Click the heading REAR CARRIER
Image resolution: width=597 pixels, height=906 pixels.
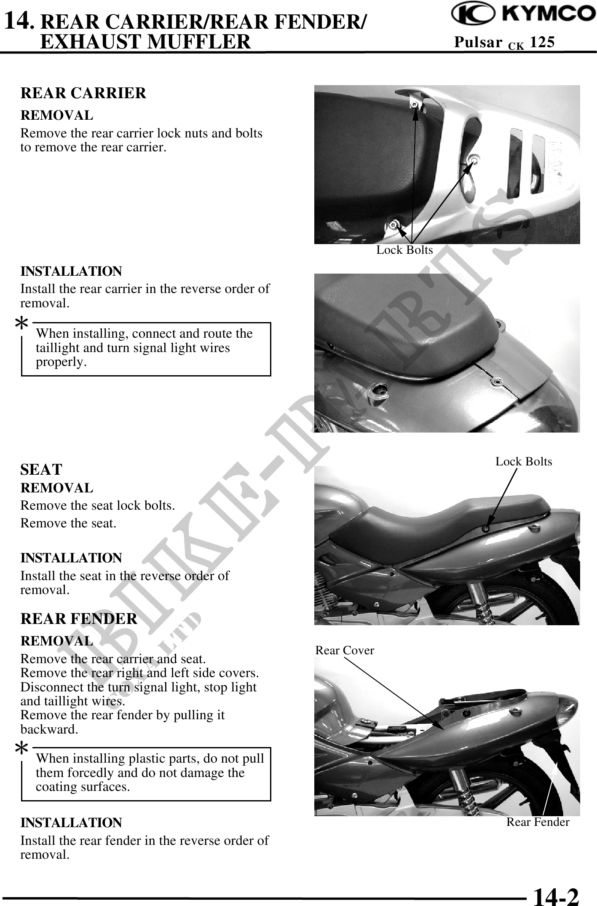tap(83, 93)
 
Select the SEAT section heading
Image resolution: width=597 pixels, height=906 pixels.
tap(41, 469)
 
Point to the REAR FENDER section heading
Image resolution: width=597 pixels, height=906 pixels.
tap(79, 618)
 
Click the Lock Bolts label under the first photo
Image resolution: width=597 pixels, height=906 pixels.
tap(404, 250)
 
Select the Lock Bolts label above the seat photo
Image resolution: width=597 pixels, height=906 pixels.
tap(524, 462)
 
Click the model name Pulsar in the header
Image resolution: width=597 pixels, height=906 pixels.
tap(478, 42)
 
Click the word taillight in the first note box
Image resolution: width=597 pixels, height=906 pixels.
tap(55, 348)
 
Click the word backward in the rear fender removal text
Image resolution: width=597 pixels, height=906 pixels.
tap(49, 730)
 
